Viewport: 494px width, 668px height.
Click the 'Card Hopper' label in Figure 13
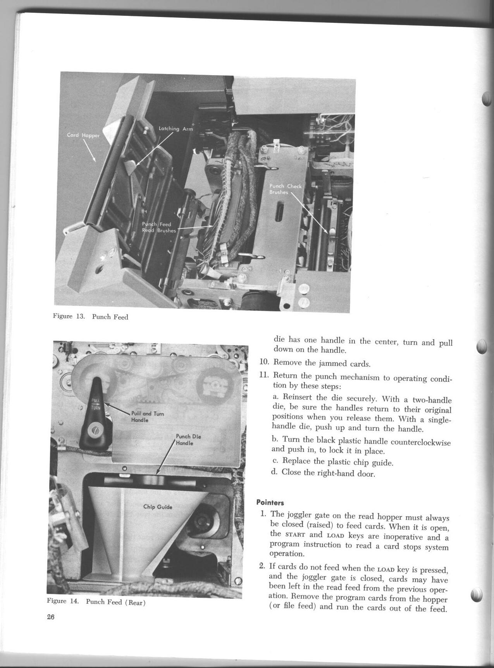(83, 135)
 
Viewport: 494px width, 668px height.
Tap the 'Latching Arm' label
(176, 129)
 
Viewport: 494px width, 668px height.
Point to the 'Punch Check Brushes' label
(285, 189)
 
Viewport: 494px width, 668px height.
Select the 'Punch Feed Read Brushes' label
(158, 227)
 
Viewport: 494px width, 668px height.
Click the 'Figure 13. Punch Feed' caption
(90, 316)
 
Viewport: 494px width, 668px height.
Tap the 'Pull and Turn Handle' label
(147, 416)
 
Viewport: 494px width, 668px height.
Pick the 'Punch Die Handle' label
(188, 440)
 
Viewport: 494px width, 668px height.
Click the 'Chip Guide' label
(158, 507)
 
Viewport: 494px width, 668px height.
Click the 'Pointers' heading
(270, 503)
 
